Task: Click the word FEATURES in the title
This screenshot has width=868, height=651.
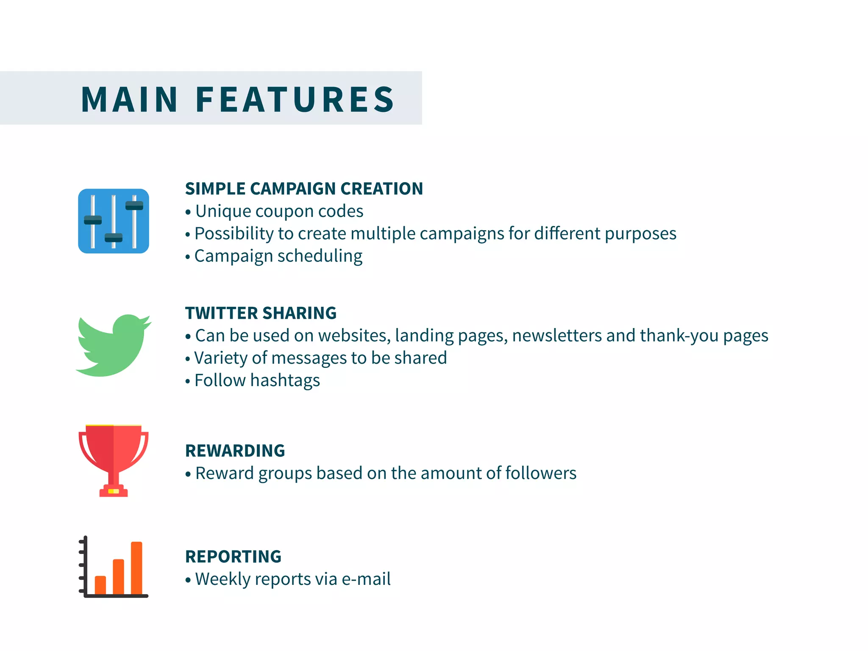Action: [295, 100]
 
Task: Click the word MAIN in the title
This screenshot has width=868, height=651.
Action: [129, 100]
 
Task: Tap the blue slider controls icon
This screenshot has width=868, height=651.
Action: [114, 221]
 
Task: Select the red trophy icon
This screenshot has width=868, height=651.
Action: [113, 460]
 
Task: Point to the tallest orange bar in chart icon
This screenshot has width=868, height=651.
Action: [136, 568]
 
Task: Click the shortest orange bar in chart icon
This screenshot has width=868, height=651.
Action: [100, 585]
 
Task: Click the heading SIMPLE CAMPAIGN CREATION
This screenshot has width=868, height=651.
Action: [304, 189]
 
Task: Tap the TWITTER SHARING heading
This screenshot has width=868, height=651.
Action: [261, 313]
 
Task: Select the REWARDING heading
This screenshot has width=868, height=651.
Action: [235, 451]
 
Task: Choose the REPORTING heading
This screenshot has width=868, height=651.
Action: [233, 557]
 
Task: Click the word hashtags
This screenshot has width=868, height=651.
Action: [285, 381]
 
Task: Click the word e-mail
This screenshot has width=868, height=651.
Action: [366, 579]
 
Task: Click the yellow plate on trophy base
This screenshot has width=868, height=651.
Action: [114, 491]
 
